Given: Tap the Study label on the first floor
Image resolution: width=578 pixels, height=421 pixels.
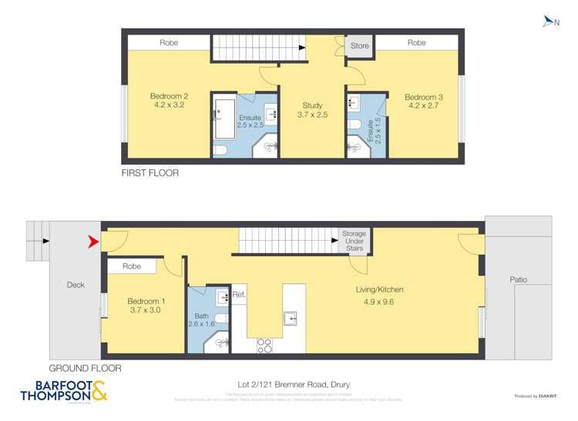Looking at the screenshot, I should pos(312,111).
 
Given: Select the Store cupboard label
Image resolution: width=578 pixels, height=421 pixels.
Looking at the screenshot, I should pos(360,46).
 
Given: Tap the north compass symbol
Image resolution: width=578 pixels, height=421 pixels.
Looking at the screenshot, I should pos(549,22).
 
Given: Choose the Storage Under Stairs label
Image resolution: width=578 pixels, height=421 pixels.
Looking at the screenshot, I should pos(355,240).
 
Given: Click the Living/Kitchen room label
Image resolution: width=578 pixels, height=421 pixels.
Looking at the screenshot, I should pos(379,295).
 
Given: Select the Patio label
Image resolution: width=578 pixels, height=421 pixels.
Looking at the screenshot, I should pos(518,279).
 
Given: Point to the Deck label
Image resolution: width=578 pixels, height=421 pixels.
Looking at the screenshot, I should pos(75,285).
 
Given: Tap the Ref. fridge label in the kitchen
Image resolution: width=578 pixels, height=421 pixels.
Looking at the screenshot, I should pos(239,294).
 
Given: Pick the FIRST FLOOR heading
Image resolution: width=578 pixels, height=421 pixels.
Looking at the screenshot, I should pos(150,173).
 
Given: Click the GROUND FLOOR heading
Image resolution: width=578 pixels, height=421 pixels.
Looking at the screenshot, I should pos(85,368).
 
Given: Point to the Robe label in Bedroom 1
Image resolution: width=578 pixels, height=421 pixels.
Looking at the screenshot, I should pos(132,266).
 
